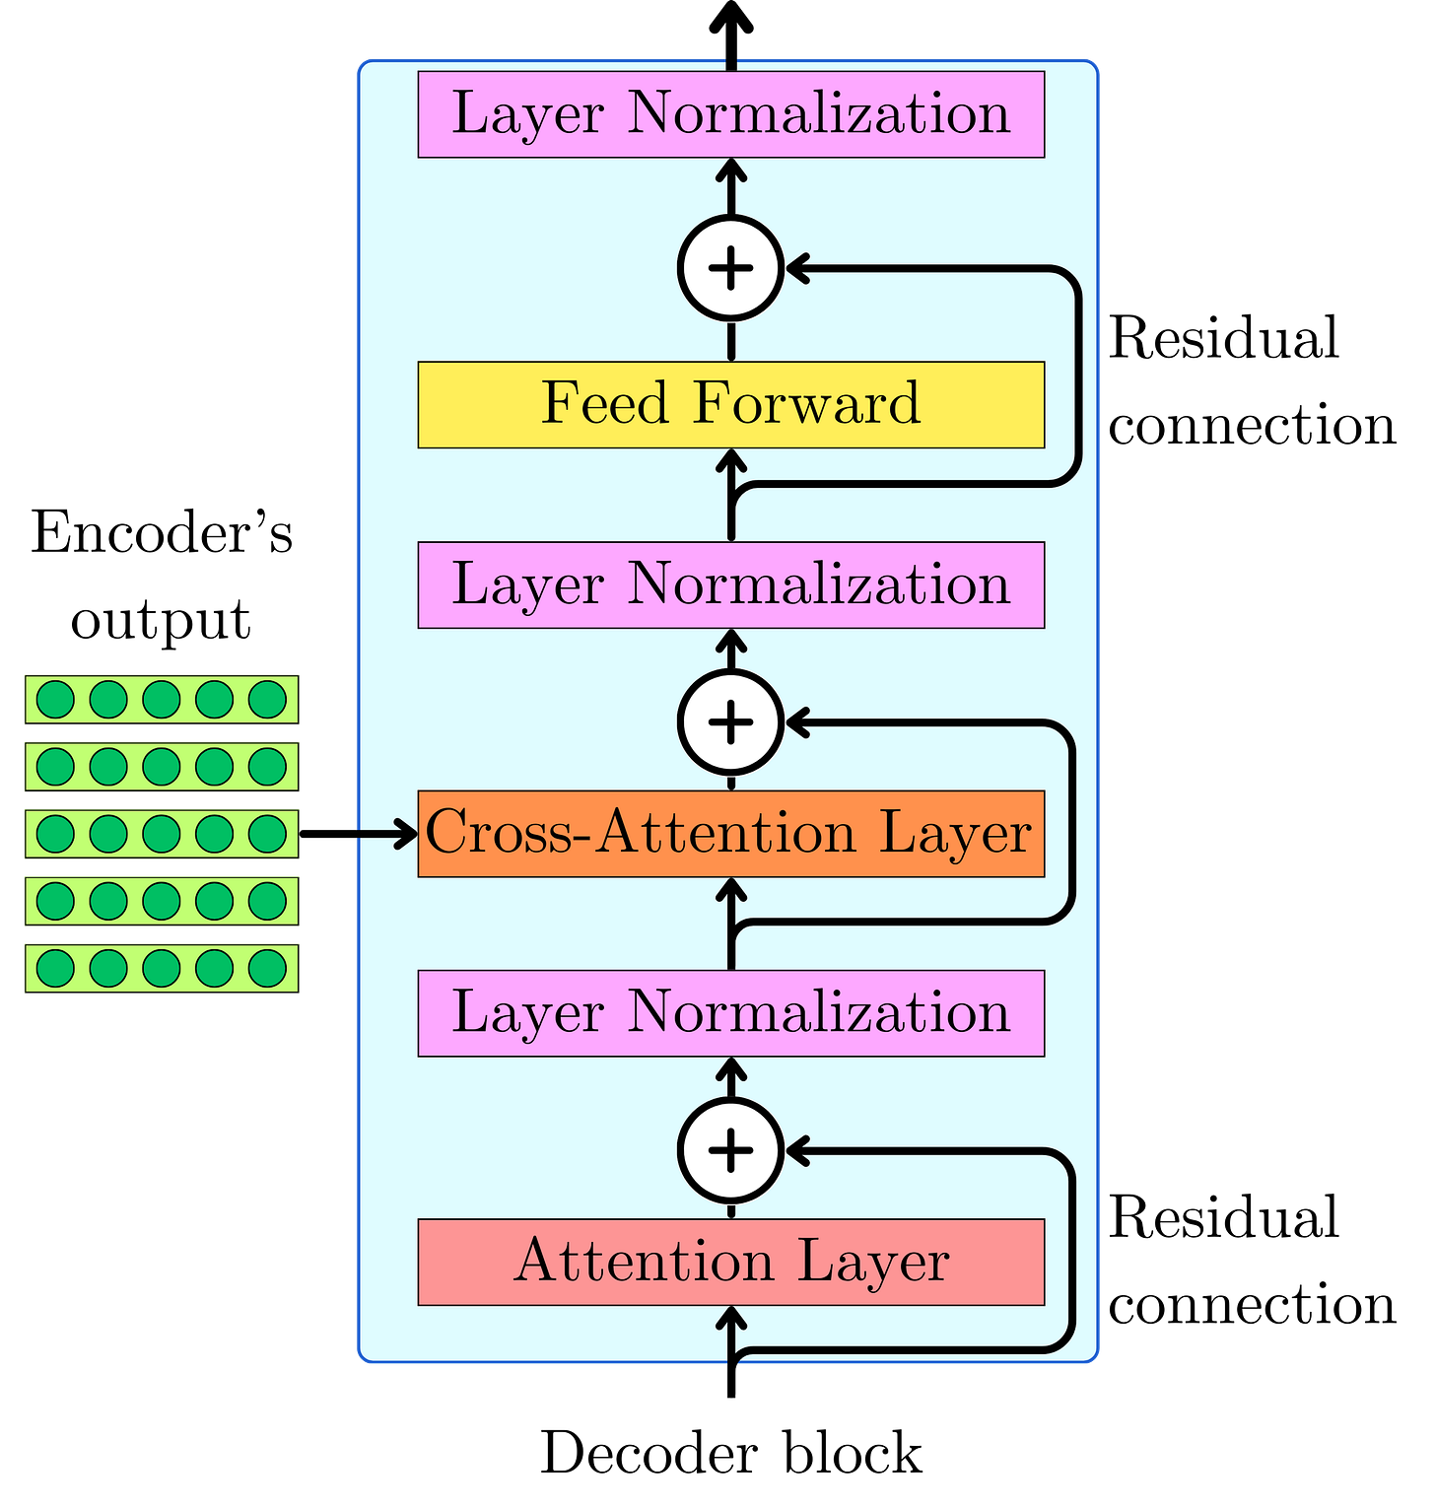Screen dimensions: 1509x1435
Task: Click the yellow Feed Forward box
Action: (x=730, y=405)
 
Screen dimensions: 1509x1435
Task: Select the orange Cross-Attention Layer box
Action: (x=730, y=834)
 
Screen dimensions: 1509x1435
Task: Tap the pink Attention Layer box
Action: (x=730, y=1263)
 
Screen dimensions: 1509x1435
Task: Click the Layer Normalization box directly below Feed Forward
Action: (x=730, y=584)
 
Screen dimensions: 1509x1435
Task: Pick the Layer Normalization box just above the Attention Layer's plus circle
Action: (x=730, y=1013)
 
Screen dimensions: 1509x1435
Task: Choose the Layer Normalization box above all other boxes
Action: (x=730, y=114)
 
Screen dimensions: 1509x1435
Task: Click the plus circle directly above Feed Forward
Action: (x=730, y=268)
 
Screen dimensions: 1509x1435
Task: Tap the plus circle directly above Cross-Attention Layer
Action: (x=730, y=722)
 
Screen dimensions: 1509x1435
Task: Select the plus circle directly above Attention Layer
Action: (x=730, y=1151)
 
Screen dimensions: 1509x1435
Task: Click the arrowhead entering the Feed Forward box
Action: (x=730, y=460)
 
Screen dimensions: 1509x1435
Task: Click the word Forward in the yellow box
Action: (x=806, y=403)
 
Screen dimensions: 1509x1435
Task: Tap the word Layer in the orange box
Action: (x=954, y=834)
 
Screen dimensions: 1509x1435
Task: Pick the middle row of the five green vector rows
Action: (x=161, y=834)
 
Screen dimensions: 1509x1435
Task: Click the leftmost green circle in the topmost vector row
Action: (x=55, y=700)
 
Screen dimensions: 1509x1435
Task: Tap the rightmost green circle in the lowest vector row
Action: (x=267, y=968)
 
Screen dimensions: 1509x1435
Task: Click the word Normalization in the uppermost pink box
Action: (x=819, y=113)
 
